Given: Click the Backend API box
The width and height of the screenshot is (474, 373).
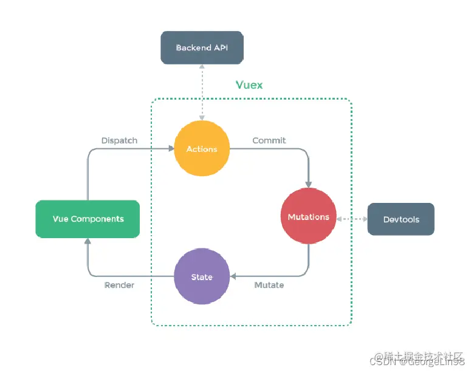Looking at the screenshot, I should click(201, 48).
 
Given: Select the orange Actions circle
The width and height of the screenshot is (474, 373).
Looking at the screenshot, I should click(202, 149).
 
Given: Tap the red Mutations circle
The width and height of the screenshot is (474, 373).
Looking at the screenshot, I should click(308, 217).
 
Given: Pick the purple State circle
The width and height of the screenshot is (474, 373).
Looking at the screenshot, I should click(202, 277).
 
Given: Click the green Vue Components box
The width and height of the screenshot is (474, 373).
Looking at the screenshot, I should click(88, 219).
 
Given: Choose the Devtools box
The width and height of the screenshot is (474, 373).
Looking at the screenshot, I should click(401, 219).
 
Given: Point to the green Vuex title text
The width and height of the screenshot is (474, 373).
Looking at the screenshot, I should click(249, 85).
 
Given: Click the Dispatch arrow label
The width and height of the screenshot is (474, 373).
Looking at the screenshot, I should click(119, 140).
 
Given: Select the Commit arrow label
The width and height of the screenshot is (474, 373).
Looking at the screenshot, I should click(269, 140).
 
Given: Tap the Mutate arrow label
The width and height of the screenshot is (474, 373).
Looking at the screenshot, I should click(269, 285).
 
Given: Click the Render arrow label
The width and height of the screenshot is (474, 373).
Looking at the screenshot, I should click(119, 285).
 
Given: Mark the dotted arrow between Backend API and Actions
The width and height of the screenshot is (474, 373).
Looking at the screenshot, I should click(202, 91).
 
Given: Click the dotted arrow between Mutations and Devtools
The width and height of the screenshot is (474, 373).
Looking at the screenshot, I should click(352, 218).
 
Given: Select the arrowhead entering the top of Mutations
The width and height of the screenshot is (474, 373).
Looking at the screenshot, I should click(309, 185).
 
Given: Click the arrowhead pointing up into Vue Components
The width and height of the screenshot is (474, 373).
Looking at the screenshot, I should click(88, 241).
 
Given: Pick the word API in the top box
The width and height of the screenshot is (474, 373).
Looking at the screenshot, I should click(219, 48).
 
